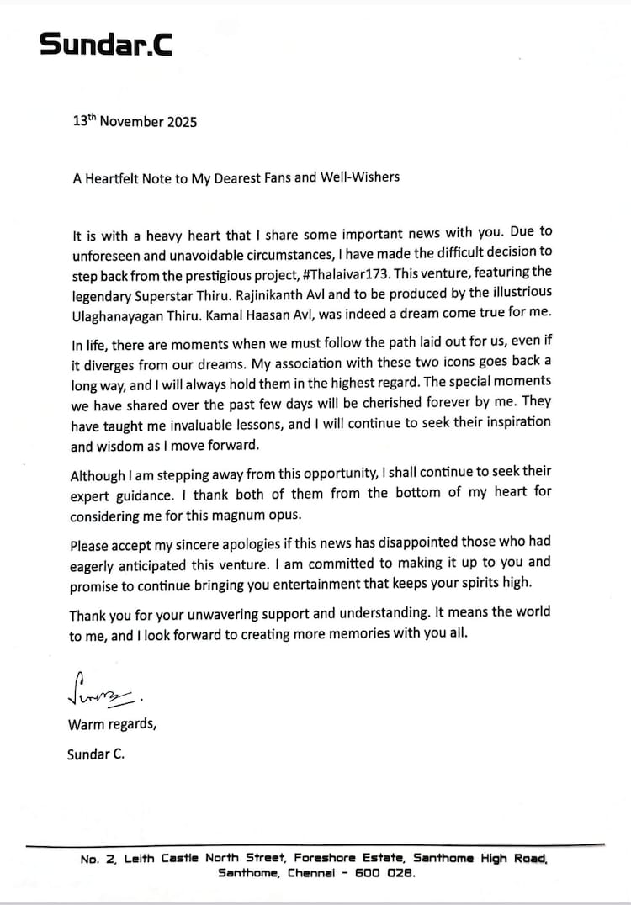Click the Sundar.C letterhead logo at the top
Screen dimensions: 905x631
[106, 44]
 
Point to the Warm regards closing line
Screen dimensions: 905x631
[111, 723]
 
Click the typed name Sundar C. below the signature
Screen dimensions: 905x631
[95, 754]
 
